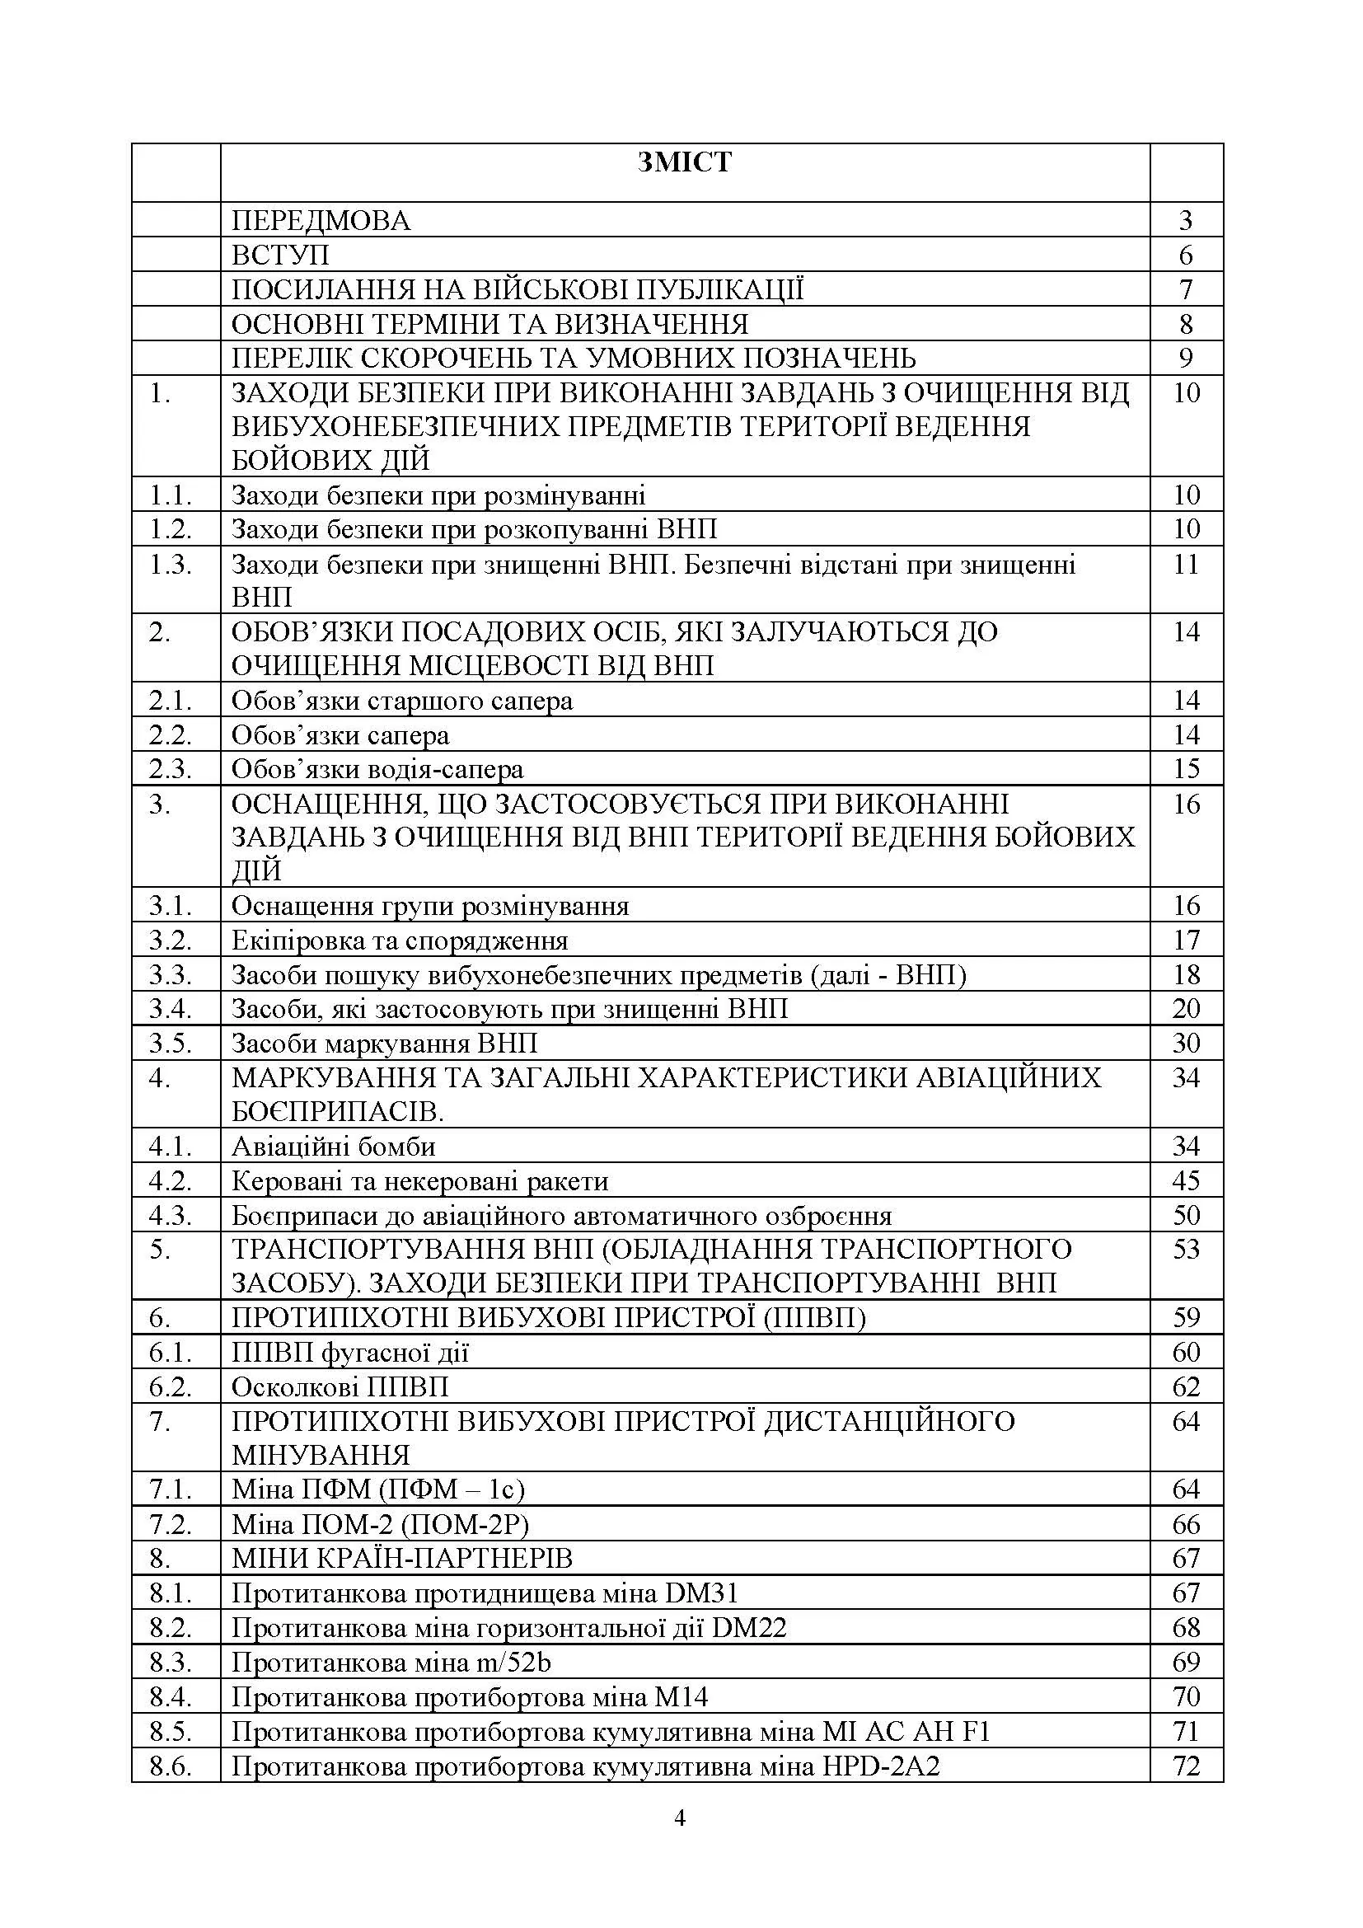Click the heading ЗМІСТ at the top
(684, 162)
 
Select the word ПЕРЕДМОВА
(321, 221)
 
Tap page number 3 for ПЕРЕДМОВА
(1185, 221)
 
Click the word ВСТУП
(280, 256)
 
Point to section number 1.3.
(171, 565)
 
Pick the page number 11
(1185, 565)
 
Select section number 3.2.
(171, 941)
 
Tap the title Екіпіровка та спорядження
(400, 941)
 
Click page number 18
(1185, 975)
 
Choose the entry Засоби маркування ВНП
(383, 1044)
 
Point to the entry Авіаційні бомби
(333, 1147)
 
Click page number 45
(1185, 1181)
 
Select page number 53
(1185, 1250)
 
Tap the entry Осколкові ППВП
(340, 1386)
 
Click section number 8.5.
(171, 1732)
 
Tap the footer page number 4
(680, 1819)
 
